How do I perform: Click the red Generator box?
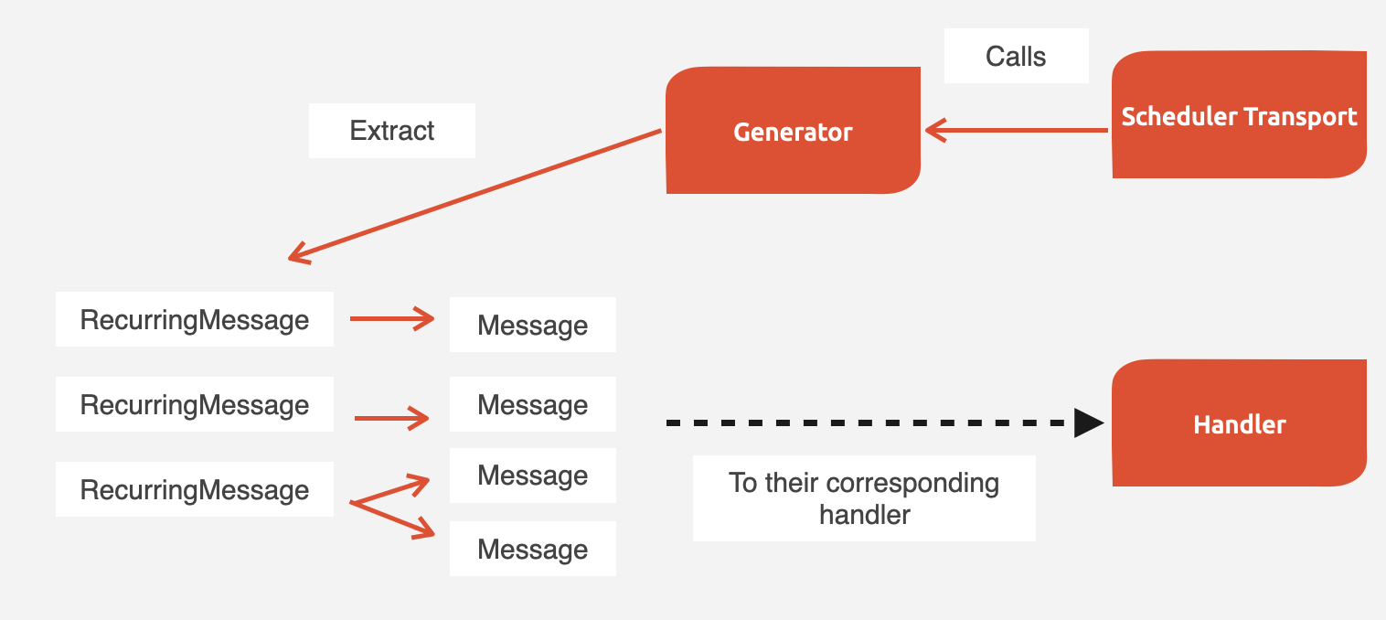[793, 131]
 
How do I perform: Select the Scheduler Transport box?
[1239, 116]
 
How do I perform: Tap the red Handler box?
[1239, 424]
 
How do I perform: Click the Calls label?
[1016, 57]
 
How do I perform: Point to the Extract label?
[391, 130]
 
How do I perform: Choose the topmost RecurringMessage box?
[194, 320]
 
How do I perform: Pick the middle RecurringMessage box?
[194, 404]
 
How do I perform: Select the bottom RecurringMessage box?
[194, 489]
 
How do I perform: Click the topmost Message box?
[532, 326]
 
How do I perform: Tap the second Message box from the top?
[532, 404]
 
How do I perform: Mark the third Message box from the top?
[532, 476]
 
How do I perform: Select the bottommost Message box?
[532, 549]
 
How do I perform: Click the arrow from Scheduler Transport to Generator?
[1015, 131]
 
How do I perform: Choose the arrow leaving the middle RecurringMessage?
[391, 419]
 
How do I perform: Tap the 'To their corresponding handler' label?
[863, 498]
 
